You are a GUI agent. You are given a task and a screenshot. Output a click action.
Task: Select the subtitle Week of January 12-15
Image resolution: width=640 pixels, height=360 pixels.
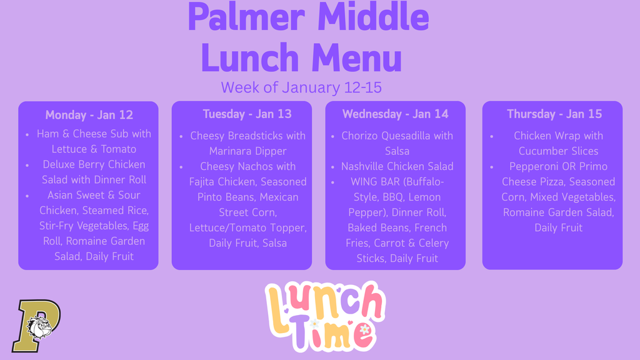(301, 87)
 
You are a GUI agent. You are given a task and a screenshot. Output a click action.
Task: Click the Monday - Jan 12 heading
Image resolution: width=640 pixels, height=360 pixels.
(89, 115)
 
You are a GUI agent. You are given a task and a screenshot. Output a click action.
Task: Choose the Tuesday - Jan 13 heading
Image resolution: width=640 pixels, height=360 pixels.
(247, 114)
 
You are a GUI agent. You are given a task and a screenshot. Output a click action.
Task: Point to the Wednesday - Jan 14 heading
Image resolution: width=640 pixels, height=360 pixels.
(396, 114)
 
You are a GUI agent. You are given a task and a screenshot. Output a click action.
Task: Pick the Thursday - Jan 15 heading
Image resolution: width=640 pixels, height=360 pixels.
(554, 114)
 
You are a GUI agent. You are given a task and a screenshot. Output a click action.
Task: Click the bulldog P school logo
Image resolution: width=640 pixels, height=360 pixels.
(37, 326)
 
